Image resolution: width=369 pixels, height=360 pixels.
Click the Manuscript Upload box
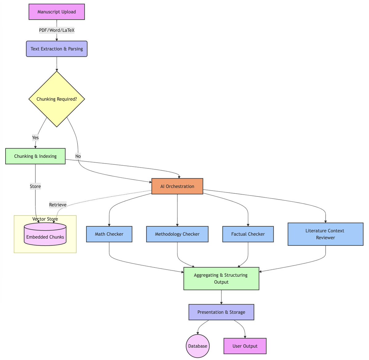(57, 12)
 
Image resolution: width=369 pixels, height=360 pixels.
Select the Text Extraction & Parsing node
(57, 49)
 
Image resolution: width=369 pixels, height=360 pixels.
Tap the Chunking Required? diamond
(57, 99)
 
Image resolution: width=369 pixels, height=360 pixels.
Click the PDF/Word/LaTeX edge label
(57, 30)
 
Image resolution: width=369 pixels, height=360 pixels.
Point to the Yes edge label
(35, 137)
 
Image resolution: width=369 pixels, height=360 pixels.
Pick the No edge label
(78, 156)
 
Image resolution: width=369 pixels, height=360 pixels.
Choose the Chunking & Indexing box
(35, 156)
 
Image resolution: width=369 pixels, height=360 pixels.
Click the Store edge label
(35, 186)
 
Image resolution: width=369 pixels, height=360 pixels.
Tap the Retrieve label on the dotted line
(58, 205)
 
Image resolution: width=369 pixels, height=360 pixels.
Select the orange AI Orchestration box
(177, 186)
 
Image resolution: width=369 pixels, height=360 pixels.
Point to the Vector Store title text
(45, 219)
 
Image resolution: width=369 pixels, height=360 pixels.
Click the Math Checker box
(109, 234)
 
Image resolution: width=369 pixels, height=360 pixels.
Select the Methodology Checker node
(177, 234)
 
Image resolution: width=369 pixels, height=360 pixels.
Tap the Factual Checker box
(248, 234)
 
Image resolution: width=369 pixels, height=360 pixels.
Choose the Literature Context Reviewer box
(325, 234)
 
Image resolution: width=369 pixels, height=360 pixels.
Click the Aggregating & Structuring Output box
(221, 279)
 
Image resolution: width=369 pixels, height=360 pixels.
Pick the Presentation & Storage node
(221, 312)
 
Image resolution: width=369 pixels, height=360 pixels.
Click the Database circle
(198, 346)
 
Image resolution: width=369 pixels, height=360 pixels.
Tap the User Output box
(245, 346)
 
